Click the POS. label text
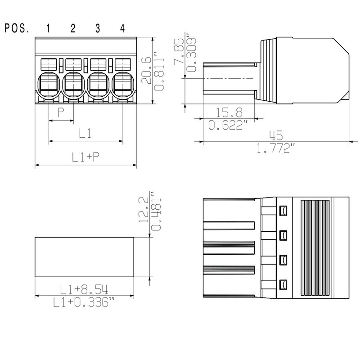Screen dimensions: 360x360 17,29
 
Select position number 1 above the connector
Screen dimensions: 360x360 48,29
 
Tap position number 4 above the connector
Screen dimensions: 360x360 122,29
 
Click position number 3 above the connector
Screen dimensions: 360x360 98,29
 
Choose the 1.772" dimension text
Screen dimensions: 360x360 276,148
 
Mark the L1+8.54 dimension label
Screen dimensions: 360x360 84,288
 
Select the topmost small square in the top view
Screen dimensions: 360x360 283,210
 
